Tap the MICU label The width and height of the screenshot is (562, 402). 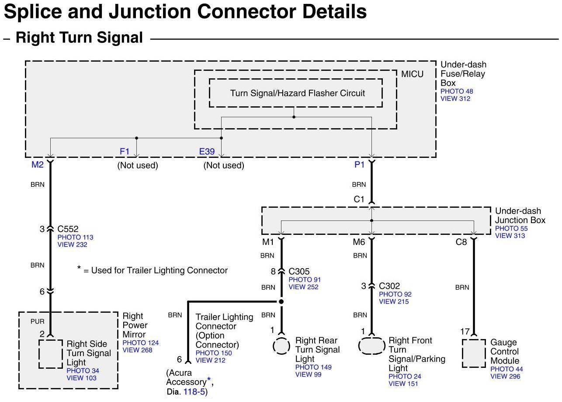coord(412,74)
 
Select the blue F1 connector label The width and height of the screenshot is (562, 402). coord(125,151)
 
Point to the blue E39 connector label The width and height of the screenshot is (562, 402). coord(207,151)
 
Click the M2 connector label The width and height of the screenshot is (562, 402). coord(38,164)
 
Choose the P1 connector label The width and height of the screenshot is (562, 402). coord(359,164)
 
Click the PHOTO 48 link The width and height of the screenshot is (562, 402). coord(457,91)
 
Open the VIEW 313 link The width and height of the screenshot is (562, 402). coord(510,235)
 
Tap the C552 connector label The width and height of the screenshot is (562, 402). coord(68,229)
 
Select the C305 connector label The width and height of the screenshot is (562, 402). coord(299,271)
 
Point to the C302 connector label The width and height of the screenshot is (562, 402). coord(389,286)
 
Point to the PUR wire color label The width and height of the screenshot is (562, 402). coord(38,322)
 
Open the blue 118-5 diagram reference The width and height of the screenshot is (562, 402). coord(194,392)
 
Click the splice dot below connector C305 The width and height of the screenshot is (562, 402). coord(281,301)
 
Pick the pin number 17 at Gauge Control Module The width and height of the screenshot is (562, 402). coord(465,332)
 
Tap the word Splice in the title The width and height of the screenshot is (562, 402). coord(33,11)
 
